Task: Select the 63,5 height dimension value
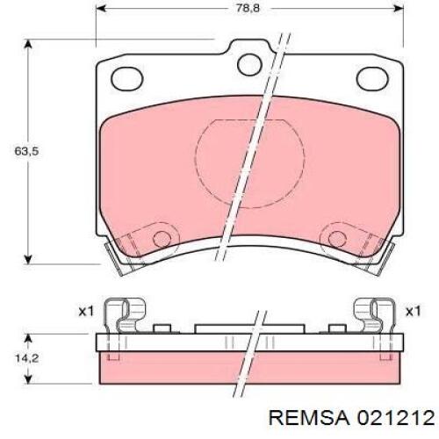coord(15,151)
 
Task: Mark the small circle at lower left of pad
coord(161,240)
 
